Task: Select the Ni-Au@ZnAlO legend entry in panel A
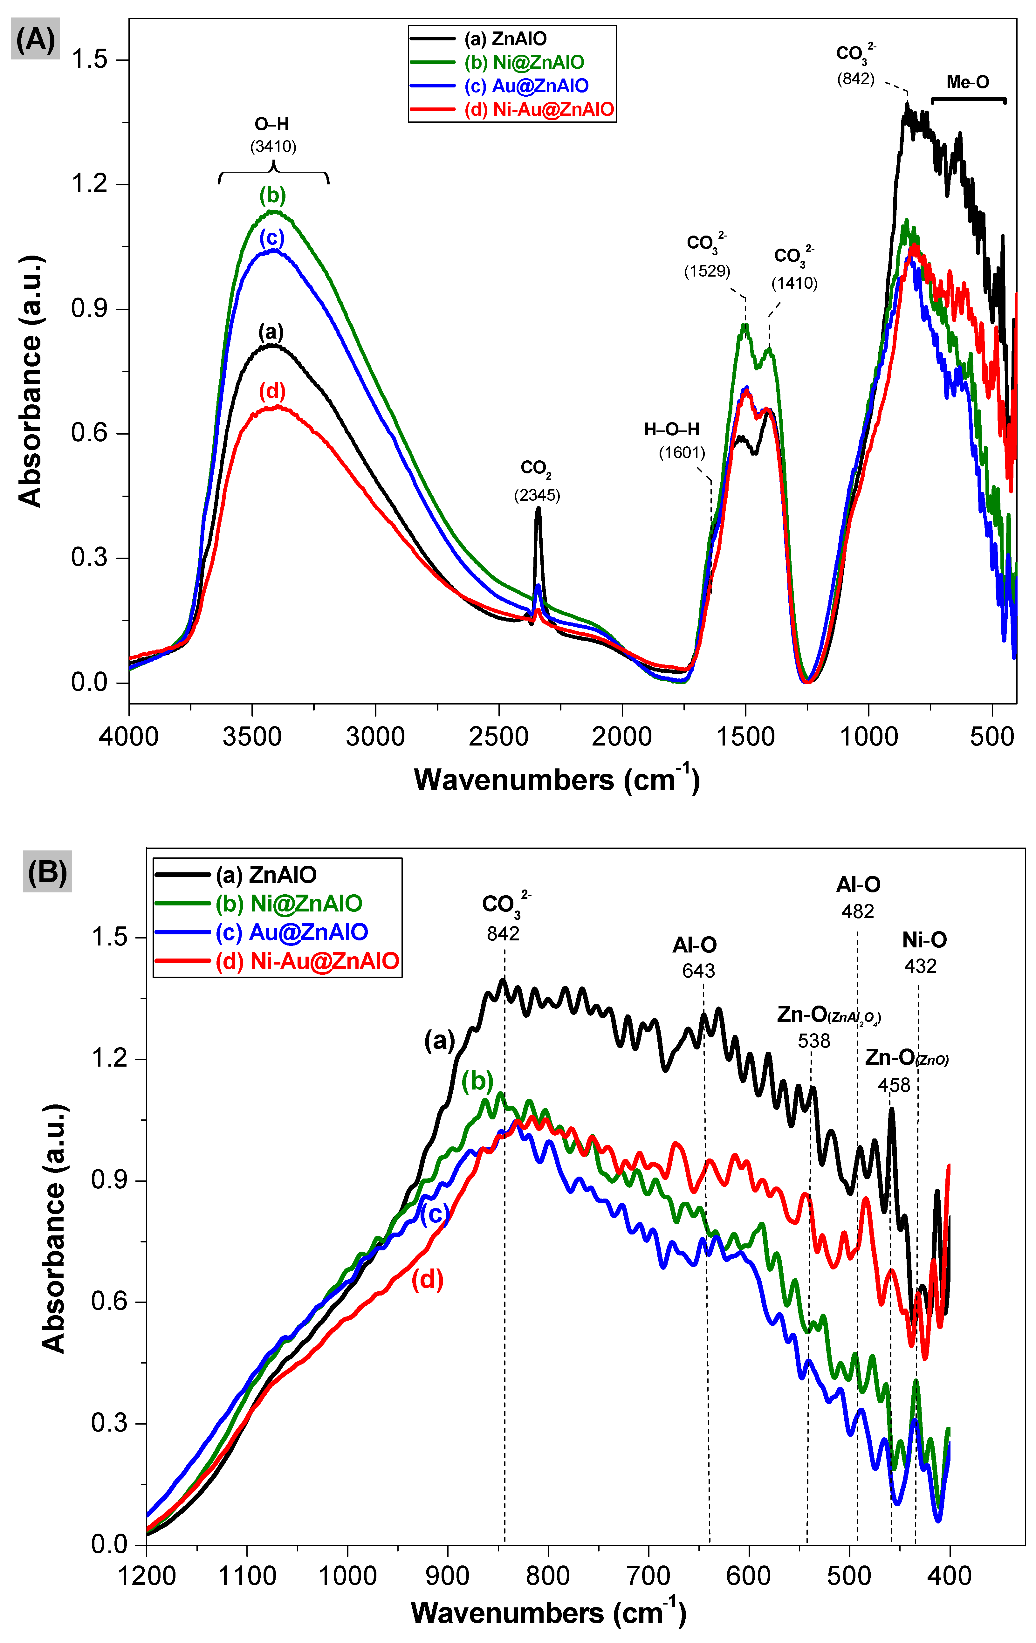click(x=539, y=109)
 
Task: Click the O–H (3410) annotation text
click(x=273, y=135)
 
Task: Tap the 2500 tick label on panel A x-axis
click(x=498, y=737)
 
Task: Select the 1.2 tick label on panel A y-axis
click(x=89, y=184)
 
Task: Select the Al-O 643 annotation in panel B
click(x=696, y=957)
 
